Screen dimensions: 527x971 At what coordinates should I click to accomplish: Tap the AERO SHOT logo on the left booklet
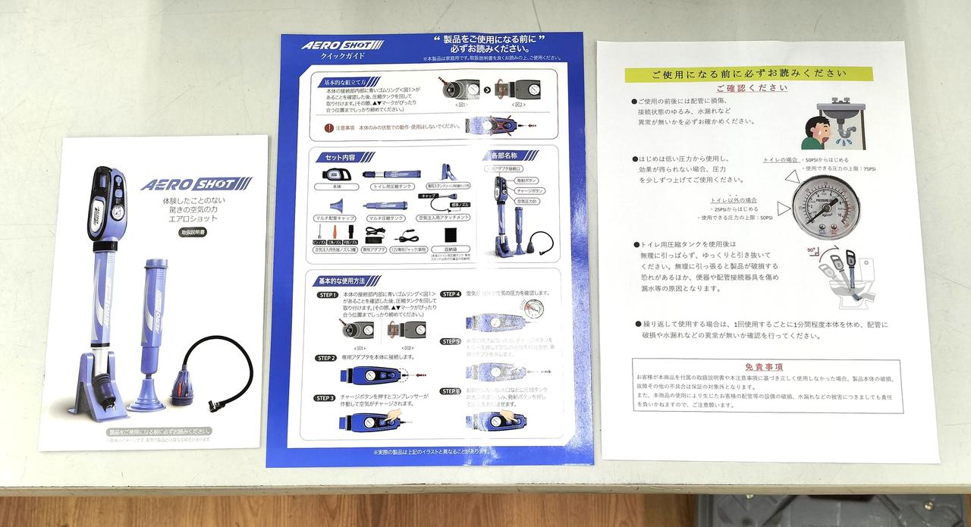[x=196, y=185]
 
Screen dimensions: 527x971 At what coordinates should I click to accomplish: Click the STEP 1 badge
[x=326, y=294]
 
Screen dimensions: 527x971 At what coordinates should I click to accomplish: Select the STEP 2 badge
[x=326, y=357]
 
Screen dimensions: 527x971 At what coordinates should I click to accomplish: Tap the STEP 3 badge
[x=326, y=398]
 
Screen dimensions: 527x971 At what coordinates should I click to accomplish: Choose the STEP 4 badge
[x=451, y=293]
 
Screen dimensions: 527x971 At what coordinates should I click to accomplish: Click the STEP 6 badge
[x=451, y=391]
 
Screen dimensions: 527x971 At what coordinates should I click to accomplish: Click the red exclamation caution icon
[x=328, y=128]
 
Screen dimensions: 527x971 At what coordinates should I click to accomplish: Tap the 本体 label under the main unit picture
[x=335, y=186]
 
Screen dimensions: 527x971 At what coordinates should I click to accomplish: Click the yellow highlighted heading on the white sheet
[x=748, y=74]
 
